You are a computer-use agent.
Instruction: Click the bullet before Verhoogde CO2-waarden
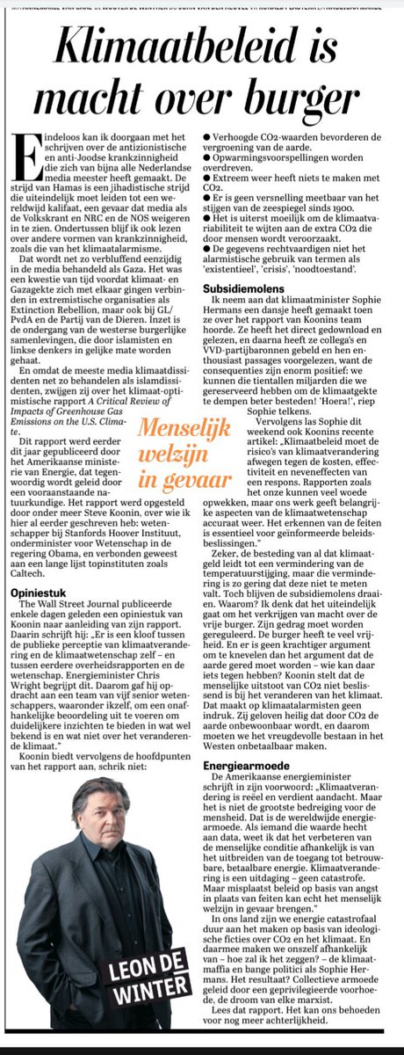tap(206, 140)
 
